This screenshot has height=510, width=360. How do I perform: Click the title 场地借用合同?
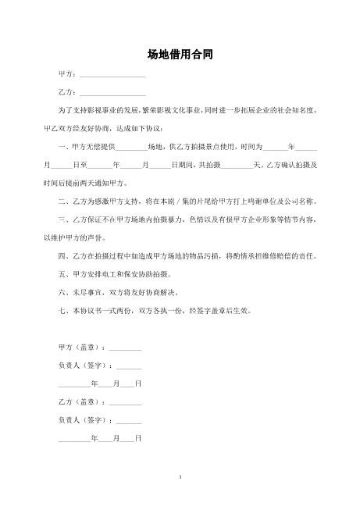(x=180, y=55)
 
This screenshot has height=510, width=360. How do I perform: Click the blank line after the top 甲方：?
(x=112, y=75)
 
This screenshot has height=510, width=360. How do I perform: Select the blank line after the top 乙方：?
(x=112, y=93)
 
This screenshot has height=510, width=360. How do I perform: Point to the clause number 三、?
(x=65, y=219)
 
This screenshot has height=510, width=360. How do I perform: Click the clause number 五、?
(x=65, y=274)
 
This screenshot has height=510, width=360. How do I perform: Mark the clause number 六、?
(x=65, y=292)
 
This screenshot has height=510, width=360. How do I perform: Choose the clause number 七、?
(x=65, y=310)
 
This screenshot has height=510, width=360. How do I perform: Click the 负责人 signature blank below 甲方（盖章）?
(x=128, y=366)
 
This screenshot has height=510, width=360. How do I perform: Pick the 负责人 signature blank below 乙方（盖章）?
(x=128, y=421)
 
